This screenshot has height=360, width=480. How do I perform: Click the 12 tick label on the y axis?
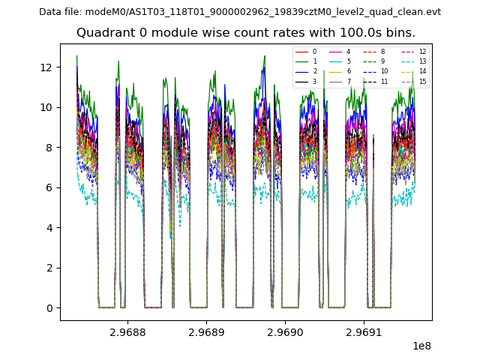[46, 67]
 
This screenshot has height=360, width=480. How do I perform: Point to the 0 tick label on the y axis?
[49, 307]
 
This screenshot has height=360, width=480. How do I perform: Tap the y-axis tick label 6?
[49, 187]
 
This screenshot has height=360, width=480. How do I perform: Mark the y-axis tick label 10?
[46, 107]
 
